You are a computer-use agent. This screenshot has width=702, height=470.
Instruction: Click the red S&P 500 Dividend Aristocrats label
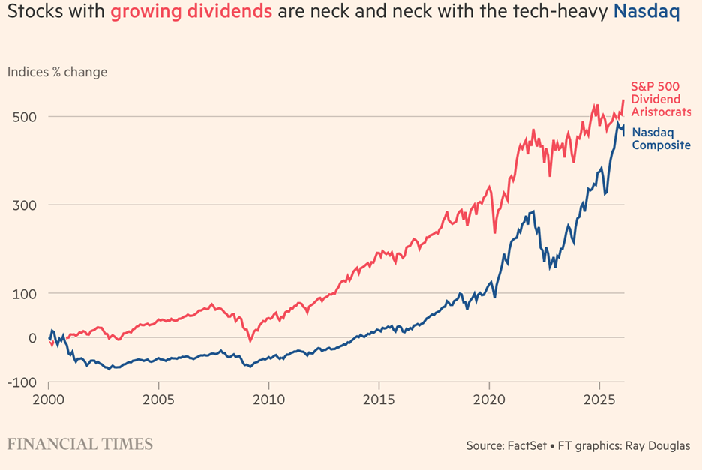click(x=661, y=99)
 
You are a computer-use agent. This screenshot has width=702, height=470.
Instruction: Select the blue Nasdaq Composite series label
click(x=661, y=139)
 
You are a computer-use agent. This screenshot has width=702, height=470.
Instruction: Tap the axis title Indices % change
click(x=58, y=72)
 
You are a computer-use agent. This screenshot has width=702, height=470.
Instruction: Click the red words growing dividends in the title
click(x=193, y=13)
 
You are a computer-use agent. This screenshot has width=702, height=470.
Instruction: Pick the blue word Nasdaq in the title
click(x=646, y=13)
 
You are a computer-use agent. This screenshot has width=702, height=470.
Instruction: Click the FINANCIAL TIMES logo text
click(x=80, y=444)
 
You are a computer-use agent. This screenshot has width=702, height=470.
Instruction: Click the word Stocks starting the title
click(x=32, y=13)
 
